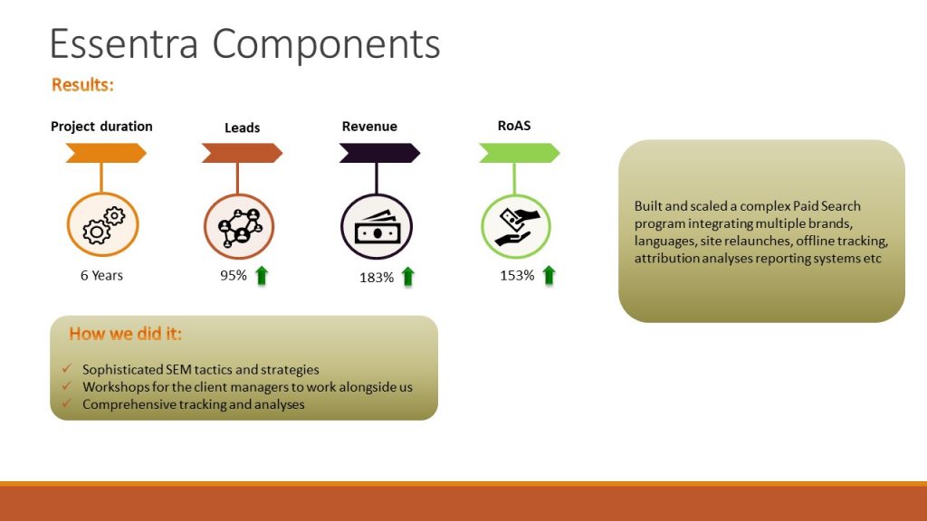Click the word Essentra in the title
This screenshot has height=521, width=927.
coord(122,43)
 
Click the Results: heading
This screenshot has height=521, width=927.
coord(82,85)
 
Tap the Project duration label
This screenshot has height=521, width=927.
coord(101,127)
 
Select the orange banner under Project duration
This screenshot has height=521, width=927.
coord(105,154)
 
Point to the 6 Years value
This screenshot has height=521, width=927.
coord(101,275)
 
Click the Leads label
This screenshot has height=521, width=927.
coord(242,128)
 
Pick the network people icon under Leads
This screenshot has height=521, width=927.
coord(239,226)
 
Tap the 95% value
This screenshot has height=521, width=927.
coord(234,275)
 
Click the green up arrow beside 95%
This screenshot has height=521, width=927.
coord(262,275)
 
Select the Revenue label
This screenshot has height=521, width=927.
coord(369,127)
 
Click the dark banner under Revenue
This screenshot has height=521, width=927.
coord(379,154)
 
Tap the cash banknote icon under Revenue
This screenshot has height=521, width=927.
coord(377,227)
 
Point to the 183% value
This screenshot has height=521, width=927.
coord(377,278)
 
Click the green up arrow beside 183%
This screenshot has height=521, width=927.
coord(407,277)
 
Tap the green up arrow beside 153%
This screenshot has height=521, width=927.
coord(548,275)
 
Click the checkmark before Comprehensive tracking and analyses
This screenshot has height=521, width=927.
coord(68,404)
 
